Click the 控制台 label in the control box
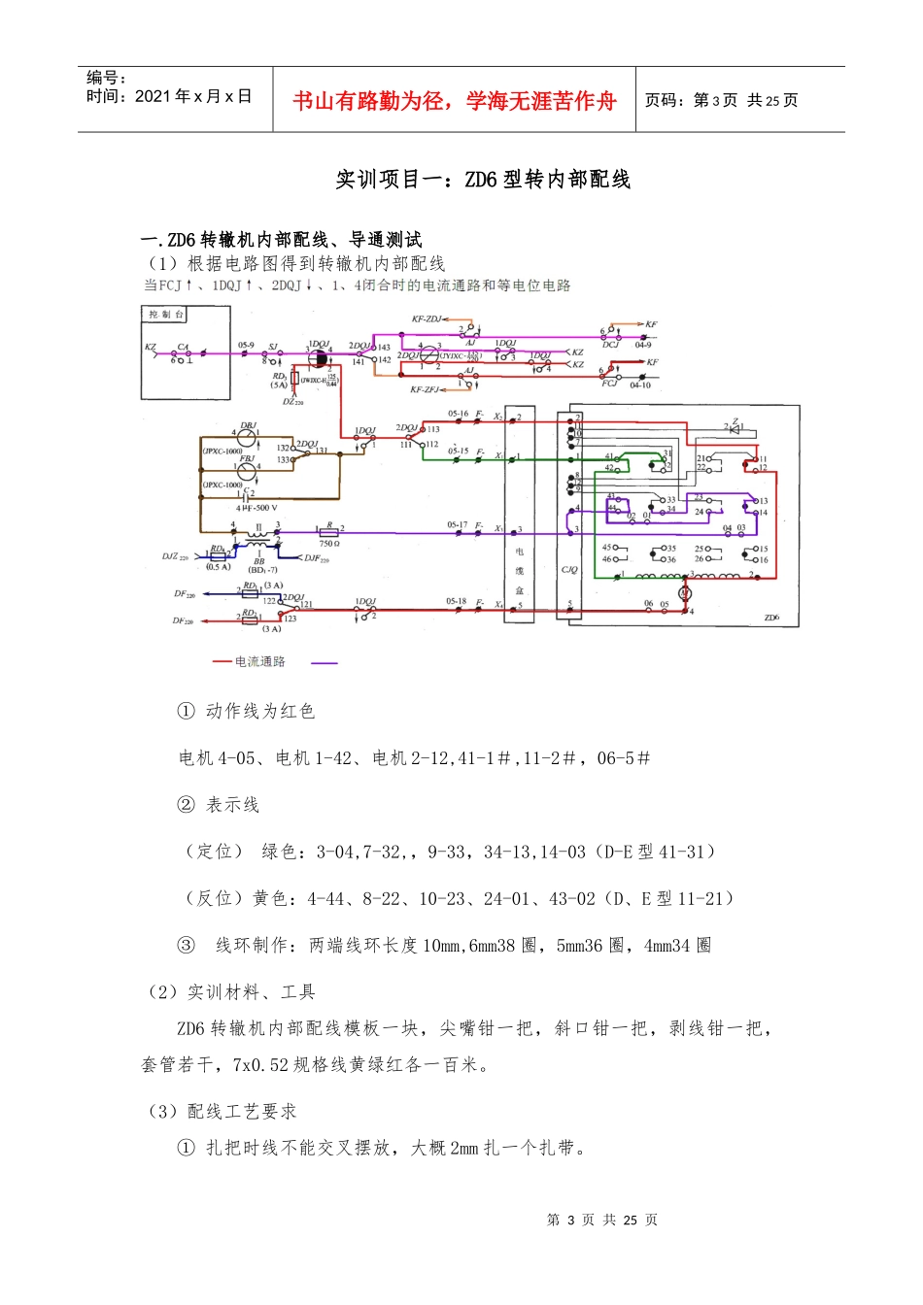[164, 315]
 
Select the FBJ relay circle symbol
[249, 471]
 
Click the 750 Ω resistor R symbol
[328, 532]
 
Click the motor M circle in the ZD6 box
[684, 592]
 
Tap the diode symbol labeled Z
[735, 426]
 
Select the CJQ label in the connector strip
[569, 570]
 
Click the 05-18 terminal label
[457, 602]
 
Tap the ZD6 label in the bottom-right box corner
[771, 618]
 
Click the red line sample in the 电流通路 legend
[222, 662]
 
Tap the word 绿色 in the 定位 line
[280, 852]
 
